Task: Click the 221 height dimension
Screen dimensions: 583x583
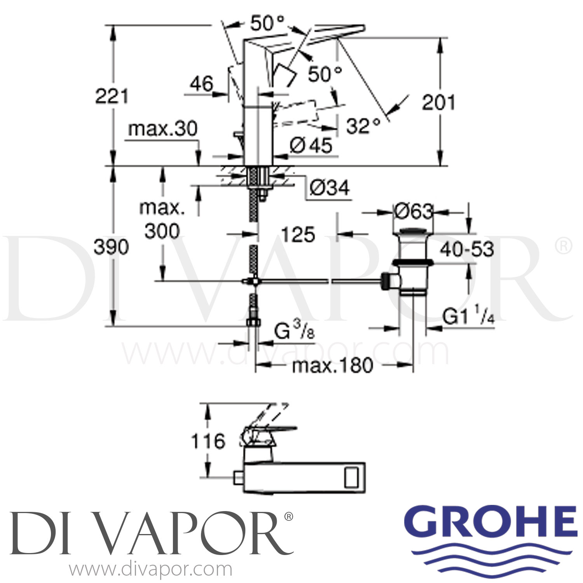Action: tap(112, 96)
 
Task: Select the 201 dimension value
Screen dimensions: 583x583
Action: tap(438, 103)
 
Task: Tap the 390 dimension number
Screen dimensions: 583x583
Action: tap(111, 247)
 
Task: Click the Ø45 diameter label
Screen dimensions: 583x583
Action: tap(311, 146)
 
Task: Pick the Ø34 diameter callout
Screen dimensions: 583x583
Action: tap(330, 188)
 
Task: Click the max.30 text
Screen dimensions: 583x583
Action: tap(163, 129)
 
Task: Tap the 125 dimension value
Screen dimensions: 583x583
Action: tap(298, 235)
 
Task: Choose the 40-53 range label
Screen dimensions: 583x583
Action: tap(466, 250)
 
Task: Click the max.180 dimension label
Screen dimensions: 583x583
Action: tap(332, 365)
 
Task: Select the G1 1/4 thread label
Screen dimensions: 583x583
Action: tap(468, 317)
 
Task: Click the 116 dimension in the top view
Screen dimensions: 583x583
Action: tap(208, 442)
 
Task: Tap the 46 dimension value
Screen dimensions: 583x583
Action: tap(202, 84)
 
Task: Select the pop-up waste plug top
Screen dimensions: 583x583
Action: tap(413, 232)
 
